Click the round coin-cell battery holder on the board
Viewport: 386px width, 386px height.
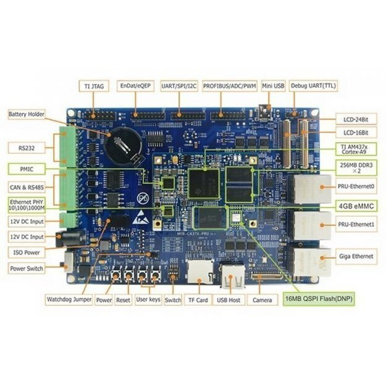coord(123,146)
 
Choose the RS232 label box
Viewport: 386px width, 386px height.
coord(26,148)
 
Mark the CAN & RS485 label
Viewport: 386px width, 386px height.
coord(26,186)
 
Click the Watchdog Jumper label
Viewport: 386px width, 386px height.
coord(69,300)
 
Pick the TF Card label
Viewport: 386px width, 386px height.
coord(198,300)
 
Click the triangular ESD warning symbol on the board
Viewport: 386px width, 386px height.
coord(141,217)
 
